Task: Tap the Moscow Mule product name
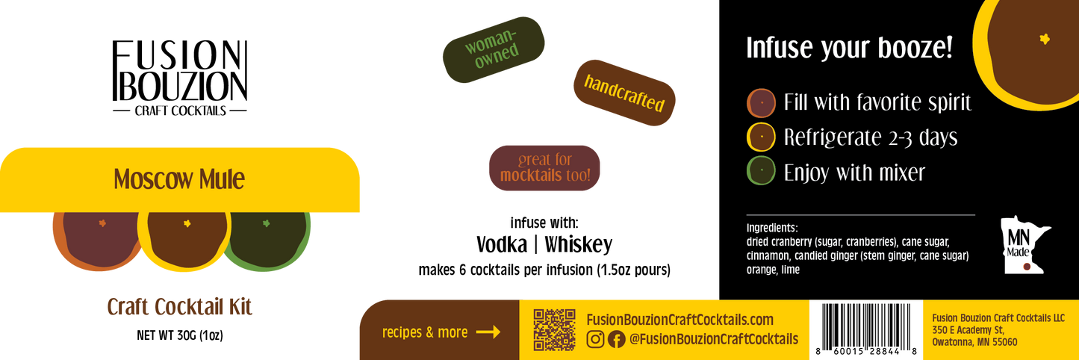(179, 179)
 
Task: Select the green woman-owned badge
(494, 49)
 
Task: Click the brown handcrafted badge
(624, 93)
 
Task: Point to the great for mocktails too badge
(545, 168)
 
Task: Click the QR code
(554, 329)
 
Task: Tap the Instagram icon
(595, 339)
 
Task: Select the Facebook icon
(617, 339)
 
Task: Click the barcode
(866, 329)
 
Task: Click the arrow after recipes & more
(488, 332)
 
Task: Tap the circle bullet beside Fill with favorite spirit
(761, 102)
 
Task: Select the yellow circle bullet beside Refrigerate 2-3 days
(761, 137)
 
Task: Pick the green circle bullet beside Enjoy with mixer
(761, 170)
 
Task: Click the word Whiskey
(579, 244)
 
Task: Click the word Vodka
(502, 244)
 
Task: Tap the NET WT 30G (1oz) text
(180, 335)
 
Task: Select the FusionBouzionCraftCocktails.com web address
(680, 320)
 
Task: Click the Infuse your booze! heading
(849, 48)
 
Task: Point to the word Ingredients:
(772, 228)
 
